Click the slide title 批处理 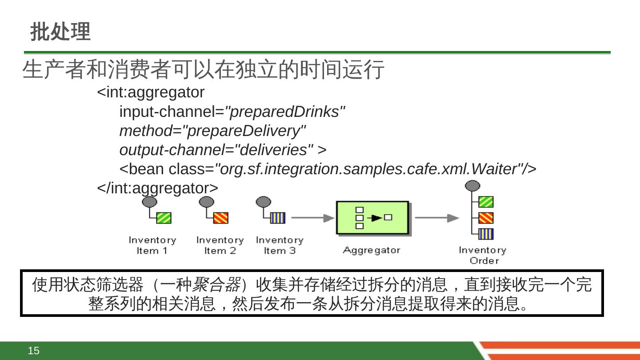click(x=60, y=32)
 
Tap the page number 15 click(x=34, y=351)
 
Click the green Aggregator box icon click(x=372, y=217)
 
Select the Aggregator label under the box click(x=372, y=250)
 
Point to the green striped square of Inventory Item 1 click(x=164, y=218)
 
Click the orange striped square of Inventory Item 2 click(x=221, y=218)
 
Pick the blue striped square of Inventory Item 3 click(x=278, y=218)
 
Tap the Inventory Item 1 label click(x=152, y=245)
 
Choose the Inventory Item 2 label click(x=220, y=245)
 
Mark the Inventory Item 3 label click(x=280, y=245)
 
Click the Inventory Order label click(x=483, y=255)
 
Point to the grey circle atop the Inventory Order click(x=472, y=185)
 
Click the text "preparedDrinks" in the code click(x=285, y=112)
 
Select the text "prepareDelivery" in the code click(x=244, y=131)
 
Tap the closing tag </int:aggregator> click(x=158, y=188)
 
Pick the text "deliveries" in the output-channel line click(x=274, y=150)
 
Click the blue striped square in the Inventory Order click(x=486, y=234)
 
